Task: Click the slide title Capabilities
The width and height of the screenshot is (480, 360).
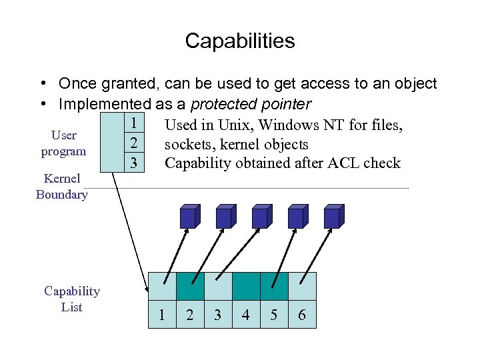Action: (240, 41)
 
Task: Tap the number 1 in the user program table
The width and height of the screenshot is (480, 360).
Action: (134, 123)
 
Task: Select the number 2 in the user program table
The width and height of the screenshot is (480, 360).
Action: (134, 143)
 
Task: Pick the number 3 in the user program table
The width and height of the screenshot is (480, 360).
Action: (134, 162)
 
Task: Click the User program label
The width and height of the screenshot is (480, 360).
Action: (63, 143)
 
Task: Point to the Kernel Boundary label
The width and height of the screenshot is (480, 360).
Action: (61, 187)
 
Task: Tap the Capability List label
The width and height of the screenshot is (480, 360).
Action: (71, 299)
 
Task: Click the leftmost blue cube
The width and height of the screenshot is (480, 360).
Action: (188, 217)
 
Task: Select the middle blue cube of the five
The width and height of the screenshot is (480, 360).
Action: (260, 217)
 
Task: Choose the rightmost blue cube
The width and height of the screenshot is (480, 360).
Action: (332, 217)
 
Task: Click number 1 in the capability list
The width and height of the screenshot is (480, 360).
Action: (162, 315)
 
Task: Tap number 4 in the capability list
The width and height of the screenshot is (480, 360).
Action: (245, 315)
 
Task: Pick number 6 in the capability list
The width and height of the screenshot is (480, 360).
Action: (302, 315)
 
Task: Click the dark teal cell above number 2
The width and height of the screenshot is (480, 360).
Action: (189, 286)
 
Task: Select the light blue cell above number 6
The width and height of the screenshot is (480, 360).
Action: (302, 286)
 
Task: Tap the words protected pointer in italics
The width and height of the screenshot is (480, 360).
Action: (251, 104)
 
